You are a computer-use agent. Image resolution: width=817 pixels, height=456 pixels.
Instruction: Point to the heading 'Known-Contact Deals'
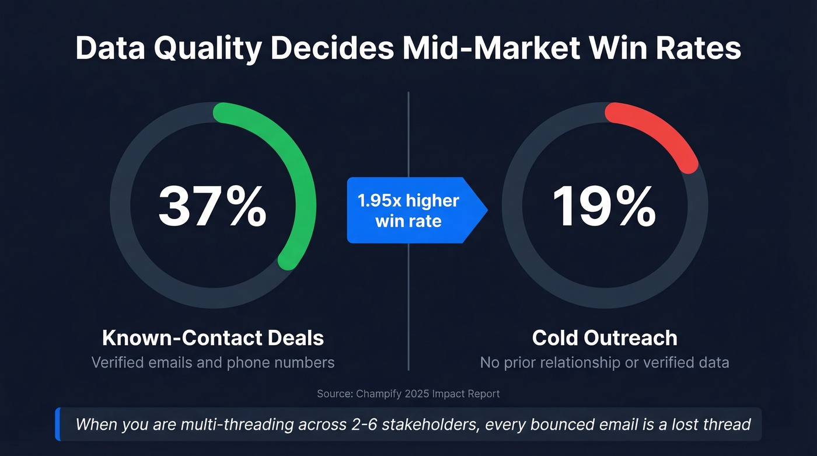(x=212, y=338)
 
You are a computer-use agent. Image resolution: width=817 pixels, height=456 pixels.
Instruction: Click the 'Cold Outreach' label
(x=605, y=338)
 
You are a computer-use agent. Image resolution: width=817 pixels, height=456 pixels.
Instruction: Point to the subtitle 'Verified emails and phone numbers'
(x=213, y=363)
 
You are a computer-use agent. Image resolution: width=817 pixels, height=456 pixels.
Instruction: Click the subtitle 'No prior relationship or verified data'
(x=605, y=363)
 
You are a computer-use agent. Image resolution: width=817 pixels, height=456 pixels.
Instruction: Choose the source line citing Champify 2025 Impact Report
(x=408, y=394)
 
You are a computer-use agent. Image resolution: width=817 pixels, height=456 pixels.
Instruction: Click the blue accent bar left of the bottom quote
(x=58, y=424)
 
